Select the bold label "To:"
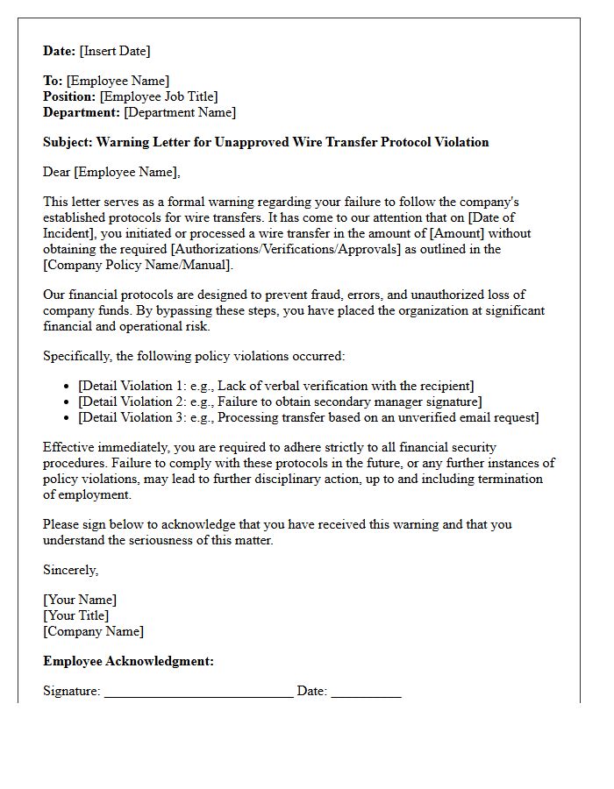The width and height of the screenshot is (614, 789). (53, 82)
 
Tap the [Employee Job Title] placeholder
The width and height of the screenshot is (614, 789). (159, 97)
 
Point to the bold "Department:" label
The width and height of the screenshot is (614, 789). (82, 113)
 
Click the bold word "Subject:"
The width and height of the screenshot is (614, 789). (68, 142)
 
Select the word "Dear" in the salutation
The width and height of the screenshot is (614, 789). (57, 172)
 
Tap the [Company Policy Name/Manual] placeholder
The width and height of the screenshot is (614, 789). (139, 266)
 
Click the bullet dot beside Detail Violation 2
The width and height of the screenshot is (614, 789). (68, 402)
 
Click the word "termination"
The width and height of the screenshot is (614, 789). (509, 480)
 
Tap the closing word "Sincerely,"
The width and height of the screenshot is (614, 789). (71, 571)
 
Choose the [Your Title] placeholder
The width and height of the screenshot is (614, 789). (76, 616)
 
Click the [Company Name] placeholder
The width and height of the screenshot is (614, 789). (94, 632)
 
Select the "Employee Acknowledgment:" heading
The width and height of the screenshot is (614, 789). (128, 662)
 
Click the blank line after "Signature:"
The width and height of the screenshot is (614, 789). (198, 693)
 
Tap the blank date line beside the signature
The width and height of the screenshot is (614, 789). (366, 693)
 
